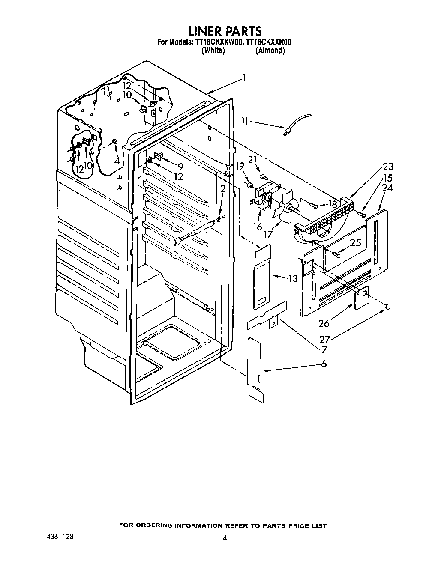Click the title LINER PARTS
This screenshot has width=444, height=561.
coord(225,31)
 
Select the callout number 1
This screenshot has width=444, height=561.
coord(243,78)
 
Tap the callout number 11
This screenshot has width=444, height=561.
coord(245,122)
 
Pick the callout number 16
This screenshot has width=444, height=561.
coord(258,227)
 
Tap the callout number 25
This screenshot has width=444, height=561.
coord(355,243)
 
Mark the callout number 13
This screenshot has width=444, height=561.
coord(293,279)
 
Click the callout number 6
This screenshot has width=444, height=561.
coord(324,364)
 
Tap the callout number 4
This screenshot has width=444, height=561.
coord(117,161)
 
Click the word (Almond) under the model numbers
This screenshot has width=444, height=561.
coord(270,51)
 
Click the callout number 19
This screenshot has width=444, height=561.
coord(240,166)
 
